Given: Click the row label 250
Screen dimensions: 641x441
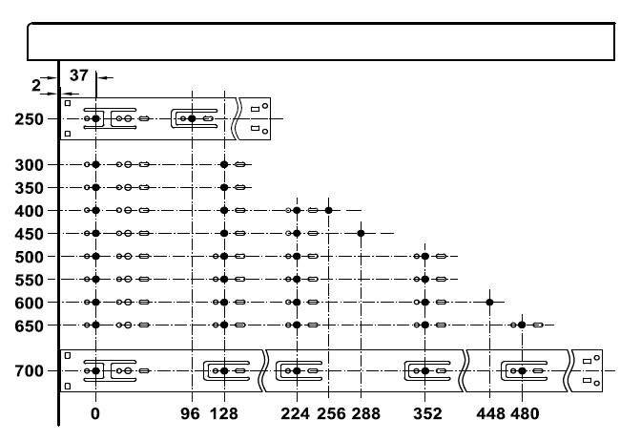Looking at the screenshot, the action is coord(29,119).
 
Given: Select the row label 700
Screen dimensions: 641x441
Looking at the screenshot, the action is coord(29,371).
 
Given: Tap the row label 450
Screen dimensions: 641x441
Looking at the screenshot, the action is coord(29,234).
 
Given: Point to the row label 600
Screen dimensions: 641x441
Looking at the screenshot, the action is coord(29,304).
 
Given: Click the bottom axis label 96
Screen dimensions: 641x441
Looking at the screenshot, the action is coord(191,413).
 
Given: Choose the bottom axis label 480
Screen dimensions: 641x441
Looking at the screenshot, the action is coord(525,413).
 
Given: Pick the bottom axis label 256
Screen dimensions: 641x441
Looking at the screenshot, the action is coord(331,413).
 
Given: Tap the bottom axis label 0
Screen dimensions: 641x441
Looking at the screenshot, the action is coord(95,413).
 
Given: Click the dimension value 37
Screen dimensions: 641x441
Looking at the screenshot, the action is coord(79,75).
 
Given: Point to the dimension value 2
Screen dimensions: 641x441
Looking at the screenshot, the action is coord(36,86).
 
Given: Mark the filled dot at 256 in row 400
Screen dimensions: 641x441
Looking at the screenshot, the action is coord(329,210).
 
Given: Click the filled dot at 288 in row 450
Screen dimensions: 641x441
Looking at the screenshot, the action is coord(361,233).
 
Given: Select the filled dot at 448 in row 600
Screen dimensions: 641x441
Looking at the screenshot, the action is coord(489,303).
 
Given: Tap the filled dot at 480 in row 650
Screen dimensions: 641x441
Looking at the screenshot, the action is coord(522,325).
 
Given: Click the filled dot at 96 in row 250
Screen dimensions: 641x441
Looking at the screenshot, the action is coord(192,118).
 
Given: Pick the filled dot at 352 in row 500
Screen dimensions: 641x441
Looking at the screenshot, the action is coord(425,256).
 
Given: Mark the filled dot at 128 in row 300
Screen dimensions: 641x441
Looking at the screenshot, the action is coord(224,164).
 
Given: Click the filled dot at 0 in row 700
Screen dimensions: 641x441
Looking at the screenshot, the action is coord(95,371).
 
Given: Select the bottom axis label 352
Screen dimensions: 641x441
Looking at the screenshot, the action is coord(427,413).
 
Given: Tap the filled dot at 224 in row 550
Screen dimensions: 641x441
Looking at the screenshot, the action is coord(297,279).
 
